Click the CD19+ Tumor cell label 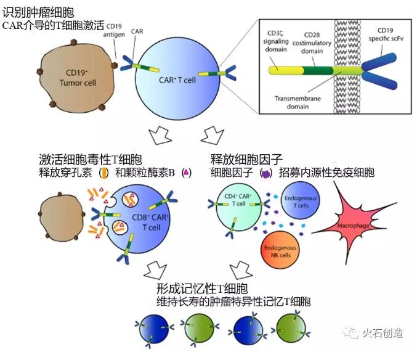pyautogui.click(x=78, y=78)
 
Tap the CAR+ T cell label pyautogui.click(x=177, y=80)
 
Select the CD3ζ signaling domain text pyautogui.click(x=276, y=41)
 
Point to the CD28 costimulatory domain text pyautogui.click(x=312, y=43)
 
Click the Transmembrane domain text pyautogui.click(x=298, y=102)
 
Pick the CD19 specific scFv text pyautogui.click(x=386, y=35)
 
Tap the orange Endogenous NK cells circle pyautogui.click(x=280, y=249)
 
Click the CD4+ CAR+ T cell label pyautogui.click(x=238, y=200)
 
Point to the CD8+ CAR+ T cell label pyautogui.click(x=150, y=222)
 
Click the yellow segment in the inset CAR pyautogui.click(x=286, y=70)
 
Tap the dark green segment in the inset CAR pyautogui.click(x=318, y=70)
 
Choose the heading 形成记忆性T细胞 pyautogui.click(x=202, y=288)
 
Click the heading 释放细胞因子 pyautogui.click(x=246, y=160)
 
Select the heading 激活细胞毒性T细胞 pyautogui.click(x=91, y=160)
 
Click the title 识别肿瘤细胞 pyautogui.click(x=38, y=12)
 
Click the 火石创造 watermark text pyautogui.click(x=383, y=333)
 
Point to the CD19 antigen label pyautogui.click(x=114, y=30)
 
